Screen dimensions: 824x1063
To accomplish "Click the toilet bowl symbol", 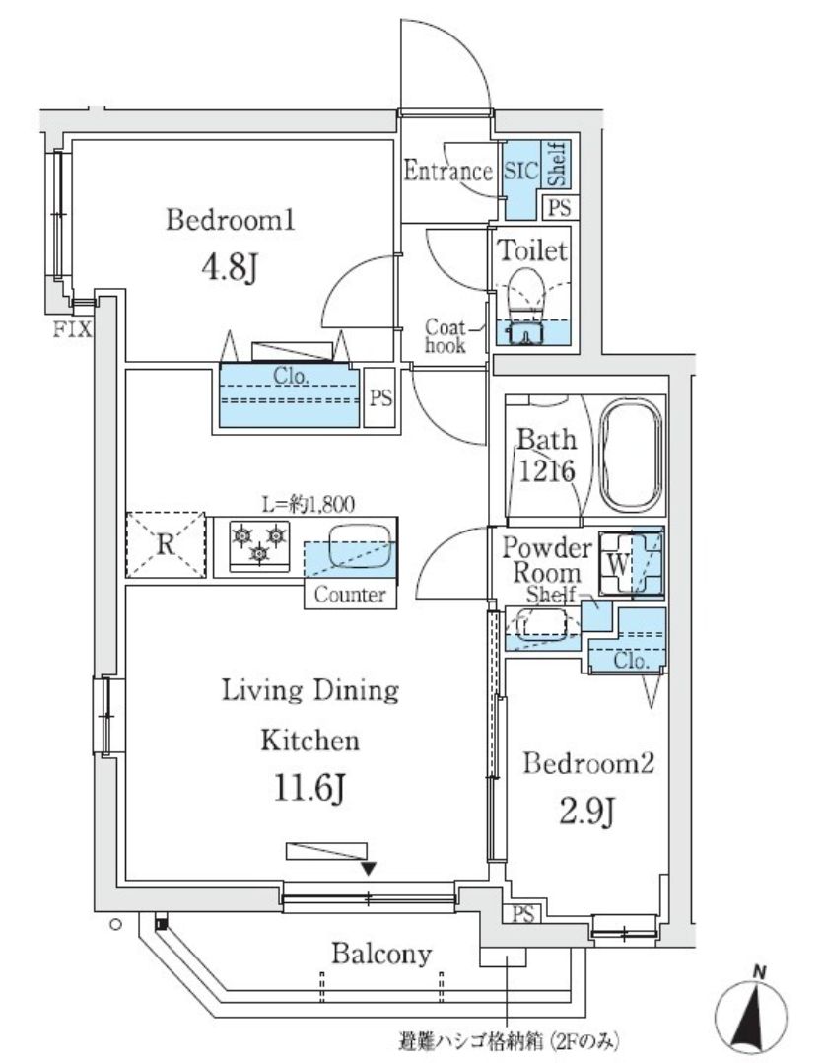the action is (525, 292).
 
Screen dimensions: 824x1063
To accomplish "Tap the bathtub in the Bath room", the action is (632, 459).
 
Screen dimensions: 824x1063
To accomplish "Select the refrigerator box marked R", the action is (166, 544).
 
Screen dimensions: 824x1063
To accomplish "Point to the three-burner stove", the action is (259, 544).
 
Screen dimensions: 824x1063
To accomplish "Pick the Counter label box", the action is (350, 595).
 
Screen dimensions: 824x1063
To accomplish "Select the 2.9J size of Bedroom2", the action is (587, 811).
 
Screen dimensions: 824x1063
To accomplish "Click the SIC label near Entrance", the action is (520, 171).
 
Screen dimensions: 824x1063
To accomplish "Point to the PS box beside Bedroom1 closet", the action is (380, 397).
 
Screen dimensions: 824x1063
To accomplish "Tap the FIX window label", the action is (72, 331).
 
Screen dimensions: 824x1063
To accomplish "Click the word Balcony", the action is (380, 954).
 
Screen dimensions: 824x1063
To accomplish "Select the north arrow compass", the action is (751, 1011).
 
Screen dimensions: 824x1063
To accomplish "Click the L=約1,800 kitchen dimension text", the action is (308, 503).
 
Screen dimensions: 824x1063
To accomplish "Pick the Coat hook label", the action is (446, 336).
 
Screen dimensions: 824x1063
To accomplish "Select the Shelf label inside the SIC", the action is (556, 164).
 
